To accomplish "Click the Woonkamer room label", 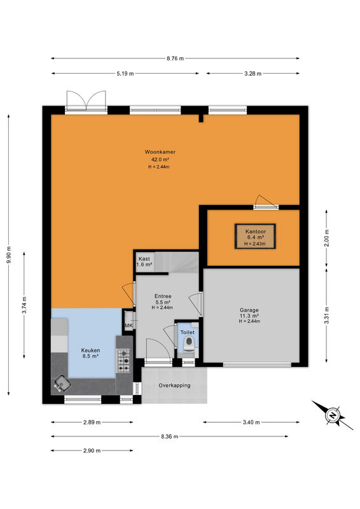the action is pyautogui.click(x=160, y=152).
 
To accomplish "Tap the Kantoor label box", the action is pyautogui.click(x=256, y=237).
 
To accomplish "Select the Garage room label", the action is pyautogui.click(x=249, y=310).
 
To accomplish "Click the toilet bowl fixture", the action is pyautogui.click(x=189, y=344).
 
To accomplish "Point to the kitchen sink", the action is pyautogui.click(x=62, y=384).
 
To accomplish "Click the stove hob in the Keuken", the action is pyautogui.click(x=123, y=360).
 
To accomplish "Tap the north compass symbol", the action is pyautogui.click(x=333, y=415).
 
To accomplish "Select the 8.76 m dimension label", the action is pyautogui.click(x=176, y=59).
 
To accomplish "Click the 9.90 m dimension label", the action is pyautogui.click(x=9, y=255).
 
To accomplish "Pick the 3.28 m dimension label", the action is pyautogui.click(x=253, y=74).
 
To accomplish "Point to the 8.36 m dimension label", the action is pyautogui.click(x=169, y=436).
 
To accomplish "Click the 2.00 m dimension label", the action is pyautogui.click(x=326, y=238).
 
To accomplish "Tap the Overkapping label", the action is pyautogui.click(x=174, y=386).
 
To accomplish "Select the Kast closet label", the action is pyautogui.click(x=144, y=259).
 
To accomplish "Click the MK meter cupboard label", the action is pyautogui.click(x=129, y=326).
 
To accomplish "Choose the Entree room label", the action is pyautogui.click(x=163, y=296).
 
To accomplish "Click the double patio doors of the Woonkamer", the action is pyautogui.click(x=87, y=101).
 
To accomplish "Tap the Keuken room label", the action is pyautogui.click(x=90, y=351).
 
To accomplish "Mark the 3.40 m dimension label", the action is pyautogui.click(x=251, y=422).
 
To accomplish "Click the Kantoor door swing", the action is pyautogui.click(x=265, y=201).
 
